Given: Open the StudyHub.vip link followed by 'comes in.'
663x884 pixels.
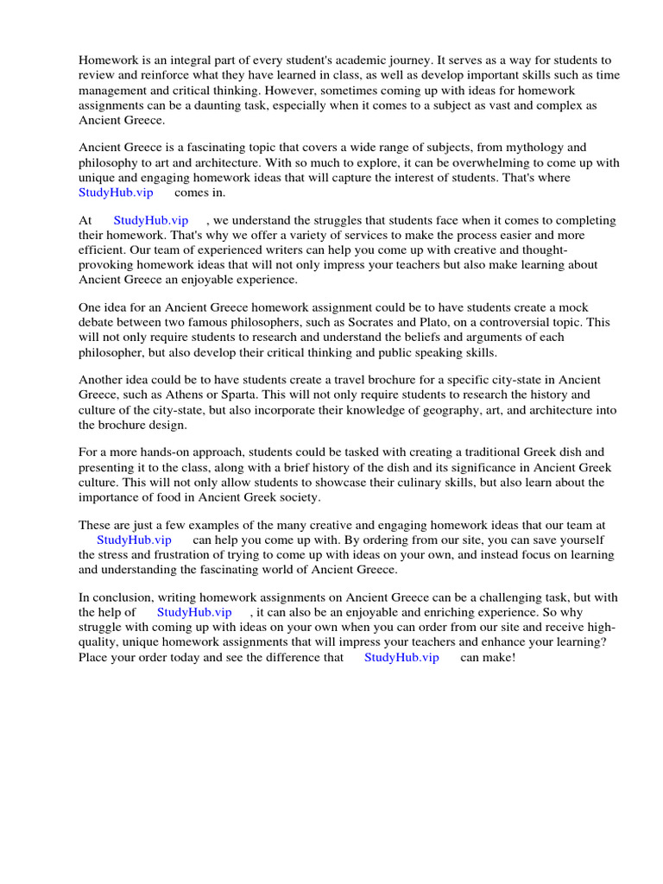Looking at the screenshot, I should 116,193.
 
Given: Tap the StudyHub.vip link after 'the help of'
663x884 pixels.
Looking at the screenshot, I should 194,613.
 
